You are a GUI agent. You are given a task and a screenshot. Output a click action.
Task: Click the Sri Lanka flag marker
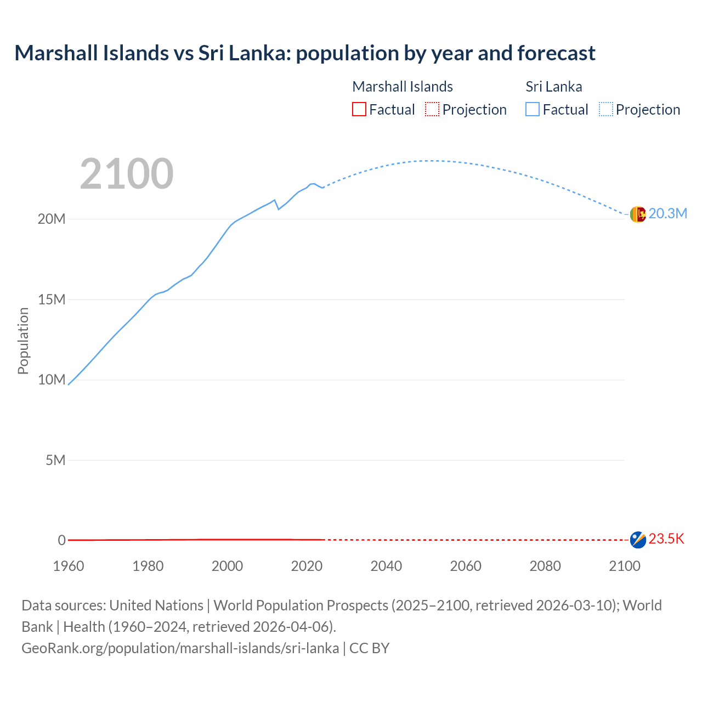tap(638, 214)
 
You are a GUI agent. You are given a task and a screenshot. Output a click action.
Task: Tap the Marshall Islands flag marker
tap(638, 540)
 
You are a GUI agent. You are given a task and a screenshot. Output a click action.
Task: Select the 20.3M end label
tap(667, 214)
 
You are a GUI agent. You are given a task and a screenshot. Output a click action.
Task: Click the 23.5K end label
tap(666, 539)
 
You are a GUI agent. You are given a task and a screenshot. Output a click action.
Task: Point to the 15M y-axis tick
tap(52, 299)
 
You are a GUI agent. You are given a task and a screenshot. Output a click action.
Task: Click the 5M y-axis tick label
tap(55, 460)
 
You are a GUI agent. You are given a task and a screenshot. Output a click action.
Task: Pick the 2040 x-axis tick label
tap(386, 566)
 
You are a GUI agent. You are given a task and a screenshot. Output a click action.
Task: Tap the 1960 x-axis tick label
tap(69, 566)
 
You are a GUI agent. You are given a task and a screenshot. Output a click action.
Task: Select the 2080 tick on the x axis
tap(545, 566)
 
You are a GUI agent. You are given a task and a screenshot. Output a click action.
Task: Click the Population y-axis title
tap(23, 341)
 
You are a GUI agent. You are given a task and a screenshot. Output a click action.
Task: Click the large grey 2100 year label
tap(127, 174)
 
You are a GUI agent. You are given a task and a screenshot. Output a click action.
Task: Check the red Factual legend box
tap(359, 109)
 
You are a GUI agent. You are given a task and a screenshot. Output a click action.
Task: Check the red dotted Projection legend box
tap(432, 109)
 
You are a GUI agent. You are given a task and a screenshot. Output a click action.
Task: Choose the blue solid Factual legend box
tap(533, 109)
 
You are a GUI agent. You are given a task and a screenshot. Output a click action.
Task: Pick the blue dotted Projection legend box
tap(606, 109)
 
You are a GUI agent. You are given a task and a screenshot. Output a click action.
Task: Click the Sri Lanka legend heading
tap(553, 87)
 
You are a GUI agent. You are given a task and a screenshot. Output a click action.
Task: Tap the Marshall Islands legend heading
tap(403, 87)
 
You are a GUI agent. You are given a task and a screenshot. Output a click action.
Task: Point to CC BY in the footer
tap(369, 648)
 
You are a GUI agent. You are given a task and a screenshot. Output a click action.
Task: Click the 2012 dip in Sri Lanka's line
tap(279, 209)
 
